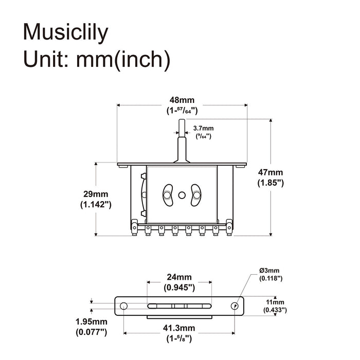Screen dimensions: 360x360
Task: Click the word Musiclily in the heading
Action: point(66,32)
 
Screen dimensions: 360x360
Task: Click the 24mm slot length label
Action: point(179,277)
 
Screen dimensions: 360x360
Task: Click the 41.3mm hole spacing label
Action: point(179,328)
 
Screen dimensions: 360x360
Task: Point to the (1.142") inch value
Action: point(96,204)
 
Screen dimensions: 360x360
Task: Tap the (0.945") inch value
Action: point(179,287)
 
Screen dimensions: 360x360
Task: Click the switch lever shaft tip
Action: point(182,122)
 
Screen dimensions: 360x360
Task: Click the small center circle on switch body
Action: point(182,195)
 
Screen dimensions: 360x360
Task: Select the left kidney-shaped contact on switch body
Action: point(168,194)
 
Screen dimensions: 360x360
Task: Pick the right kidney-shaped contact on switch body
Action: point(195,194)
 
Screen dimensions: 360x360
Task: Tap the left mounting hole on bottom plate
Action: point(123,306)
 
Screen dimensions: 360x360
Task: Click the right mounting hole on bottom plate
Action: point(235,306)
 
